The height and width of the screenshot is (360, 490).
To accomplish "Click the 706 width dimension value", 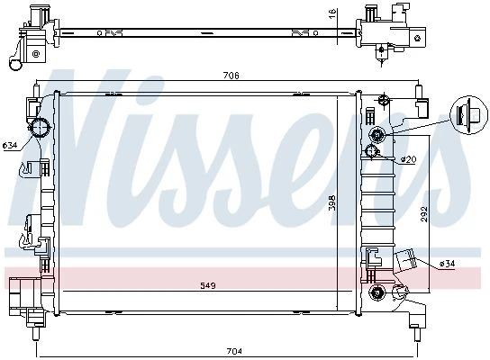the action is click(231, 76).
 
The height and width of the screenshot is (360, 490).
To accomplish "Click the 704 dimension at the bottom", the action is click(234, 351).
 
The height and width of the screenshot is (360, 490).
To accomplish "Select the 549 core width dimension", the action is click(208, 285).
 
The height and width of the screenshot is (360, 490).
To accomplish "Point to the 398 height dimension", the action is click(332, 202).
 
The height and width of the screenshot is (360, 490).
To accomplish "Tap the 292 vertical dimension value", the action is click(424, 214).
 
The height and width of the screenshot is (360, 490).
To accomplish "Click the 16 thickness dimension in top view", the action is click(332, 13).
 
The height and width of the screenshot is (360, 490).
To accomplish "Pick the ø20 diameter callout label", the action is click(408, 159).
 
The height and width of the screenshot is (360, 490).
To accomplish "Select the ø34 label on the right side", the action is click(447, 264).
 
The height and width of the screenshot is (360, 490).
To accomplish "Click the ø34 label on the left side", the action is click(10, 145).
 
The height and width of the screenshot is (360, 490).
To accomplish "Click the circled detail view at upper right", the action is click(468, 114).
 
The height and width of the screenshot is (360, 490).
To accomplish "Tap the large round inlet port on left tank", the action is click(40, 128).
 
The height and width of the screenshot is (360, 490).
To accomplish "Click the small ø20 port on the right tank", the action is click(372, 151).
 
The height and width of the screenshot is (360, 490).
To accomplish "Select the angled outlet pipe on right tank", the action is click(405, 258).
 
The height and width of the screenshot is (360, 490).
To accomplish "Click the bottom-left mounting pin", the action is click(36, 333).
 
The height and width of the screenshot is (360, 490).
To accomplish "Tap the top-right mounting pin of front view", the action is click(419, 92).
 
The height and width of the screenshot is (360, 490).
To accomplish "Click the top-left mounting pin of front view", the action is click(37, 91).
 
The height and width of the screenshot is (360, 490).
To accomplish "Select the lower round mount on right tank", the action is click(377, 292).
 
